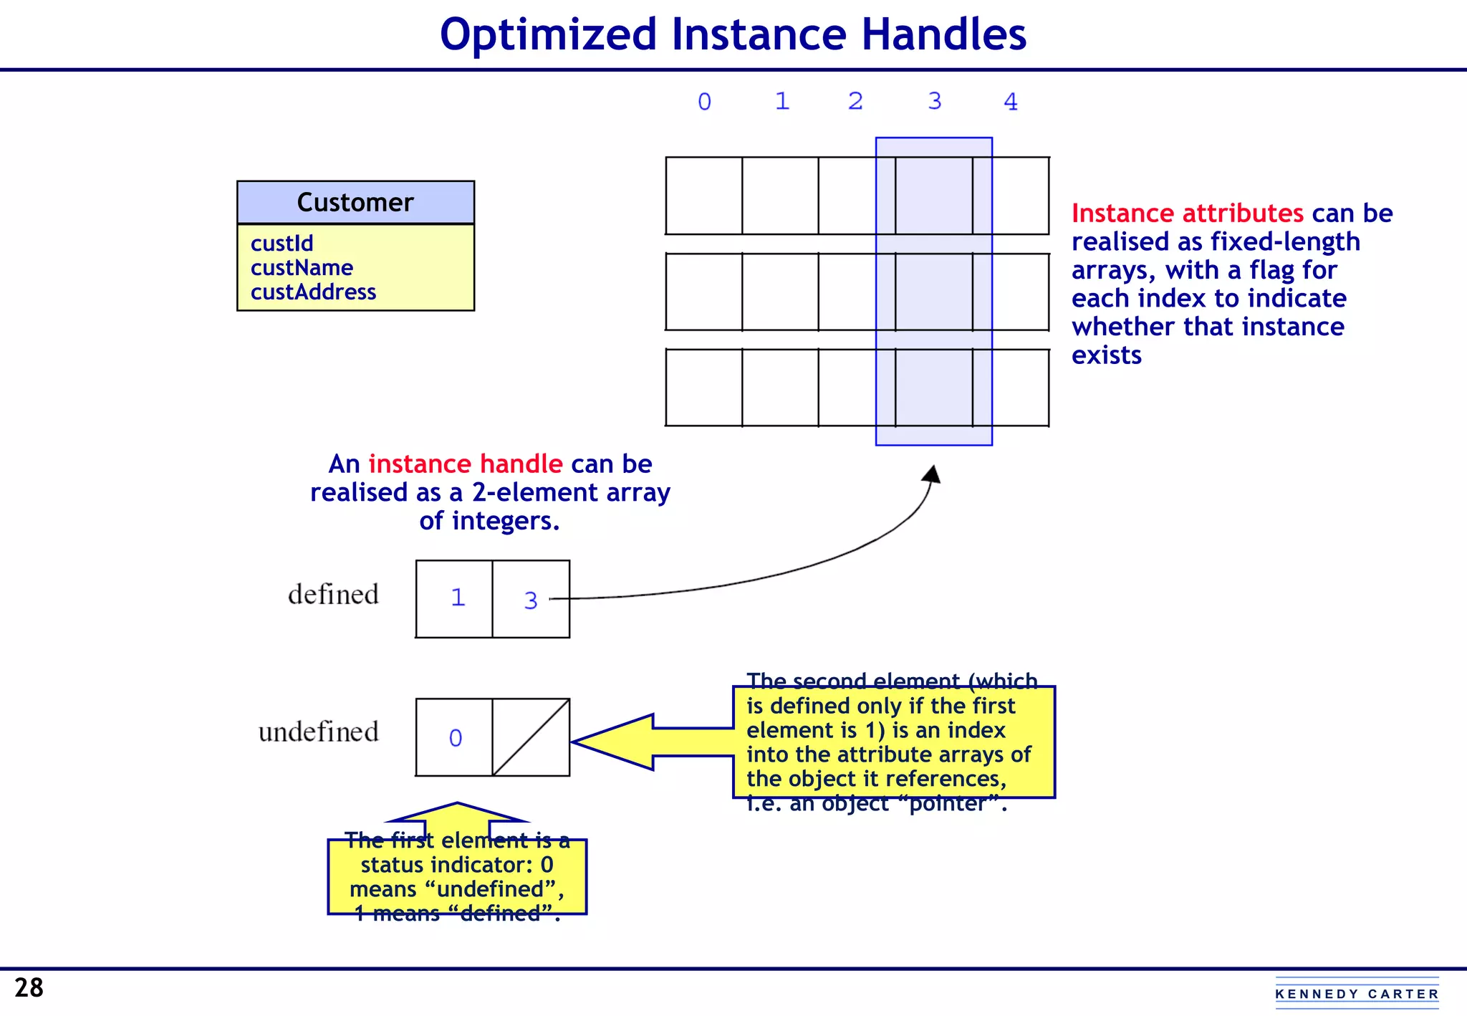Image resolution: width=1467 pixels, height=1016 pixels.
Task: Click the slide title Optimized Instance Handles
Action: pos(733,34)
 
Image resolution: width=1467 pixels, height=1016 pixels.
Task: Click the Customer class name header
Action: pos(355,203)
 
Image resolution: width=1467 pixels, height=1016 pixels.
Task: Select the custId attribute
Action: pos(282,244)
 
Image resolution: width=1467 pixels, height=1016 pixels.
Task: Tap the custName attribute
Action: pos(302,268)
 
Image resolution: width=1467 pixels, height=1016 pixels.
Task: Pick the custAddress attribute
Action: pos(313,292)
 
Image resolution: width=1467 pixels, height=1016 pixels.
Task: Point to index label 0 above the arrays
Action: pos(704,102)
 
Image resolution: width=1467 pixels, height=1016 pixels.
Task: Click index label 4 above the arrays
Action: pos(1010,102)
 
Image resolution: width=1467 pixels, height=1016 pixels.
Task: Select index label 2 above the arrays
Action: pos(855,102)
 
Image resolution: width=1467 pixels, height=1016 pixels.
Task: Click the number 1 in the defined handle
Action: pos(458,598)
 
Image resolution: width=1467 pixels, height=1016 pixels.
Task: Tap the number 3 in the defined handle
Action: pos(530,600)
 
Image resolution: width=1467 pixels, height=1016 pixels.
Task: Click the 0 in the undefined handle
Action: pos(456,738)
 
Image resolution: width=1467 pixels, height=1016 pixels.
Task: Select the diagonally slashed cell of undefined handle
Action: pos(531,737)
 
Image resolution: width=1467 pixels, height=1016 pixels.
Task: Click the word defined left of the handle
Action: pos(333,595)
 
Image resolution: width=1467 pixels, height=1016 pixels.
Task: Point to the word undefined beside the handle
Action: pos(318,732)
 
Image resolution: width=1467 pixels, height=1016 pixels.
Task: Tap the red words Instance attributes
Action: pos(1187,214)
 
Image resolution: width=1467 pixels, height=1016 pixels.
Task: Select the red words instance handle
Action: pos(465,464)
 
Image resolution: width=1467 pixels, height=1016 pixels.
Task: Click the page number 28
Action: pos(29,988)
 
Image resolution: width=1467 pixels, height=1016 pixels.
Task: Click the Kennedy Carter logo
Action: pos(1357,993)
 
